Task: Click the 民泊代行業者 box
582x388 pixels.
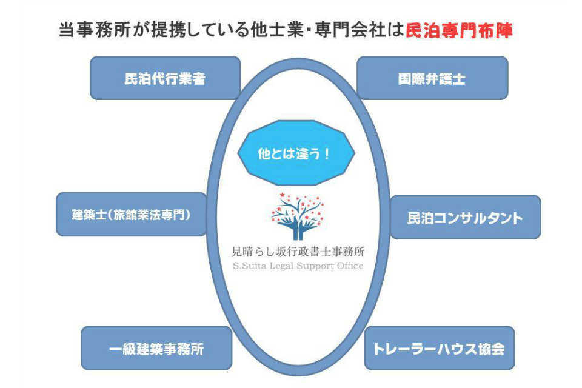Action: coord(165,78)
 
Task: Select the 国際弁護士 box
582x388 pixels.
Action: coord(432,78)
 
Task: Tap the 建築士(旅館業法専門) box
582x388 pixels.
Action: coord(131,215)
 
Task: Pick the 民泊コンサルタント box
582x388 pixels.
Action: coord(465,217)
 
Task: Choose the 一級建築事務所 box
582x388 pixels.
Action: coord(156,349)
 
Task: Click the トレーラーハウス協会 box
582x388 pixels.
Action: coord(439,349)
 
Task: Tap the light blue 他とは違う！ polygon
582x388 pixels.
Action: coord(295,154)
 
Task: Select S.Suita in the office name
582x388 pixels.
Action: coord(249,266)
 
